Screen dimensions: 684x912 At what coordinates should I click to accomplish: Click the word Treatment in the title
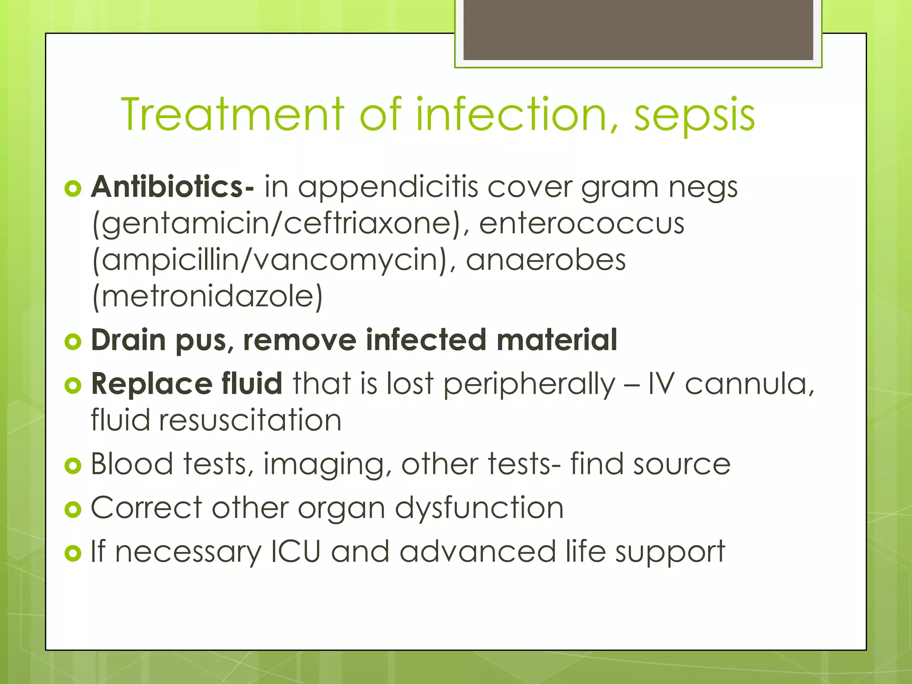[232, 114]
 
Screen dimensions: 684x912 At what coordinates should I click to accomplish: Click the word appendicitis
[388, 187]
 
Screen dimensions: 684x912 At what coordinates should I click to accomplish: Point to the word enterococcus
[582, 223]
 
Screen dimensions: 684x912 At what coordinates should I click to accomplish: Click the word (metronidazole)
[208, 297]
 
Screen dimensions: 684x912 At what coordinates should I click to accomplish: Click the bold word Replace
[151, 383]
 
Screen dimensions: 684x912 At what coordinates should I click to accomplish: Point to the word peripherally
[529, 384]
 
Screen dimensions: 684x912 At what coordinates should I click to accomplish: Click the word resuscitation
[250, 420]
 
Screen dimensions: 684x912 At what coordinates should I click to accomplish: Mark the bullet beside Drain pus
[73, 342]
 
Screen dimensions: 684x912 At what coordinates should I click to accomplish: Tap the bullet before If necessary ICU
[73, 554]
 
